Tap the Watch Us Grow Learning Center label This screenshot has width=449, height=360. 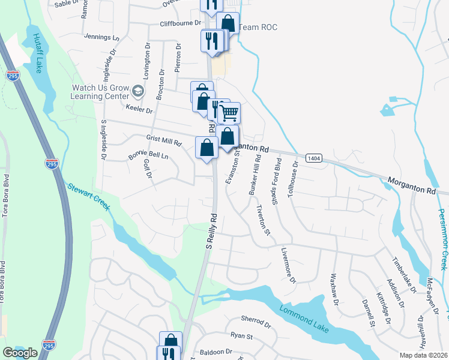(100, 91)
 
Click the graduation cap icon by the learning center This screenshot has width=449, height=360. (139, 91)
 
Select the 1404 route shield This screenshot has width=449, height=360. (313, 158)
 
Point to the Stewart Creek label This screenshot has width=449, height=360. (88, 196)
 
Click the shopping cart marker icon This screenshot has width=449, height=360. (229, 113)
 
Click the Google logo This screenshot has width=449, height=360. (20, 353)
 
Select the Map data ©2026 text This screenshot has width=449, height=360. (423, 355)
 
